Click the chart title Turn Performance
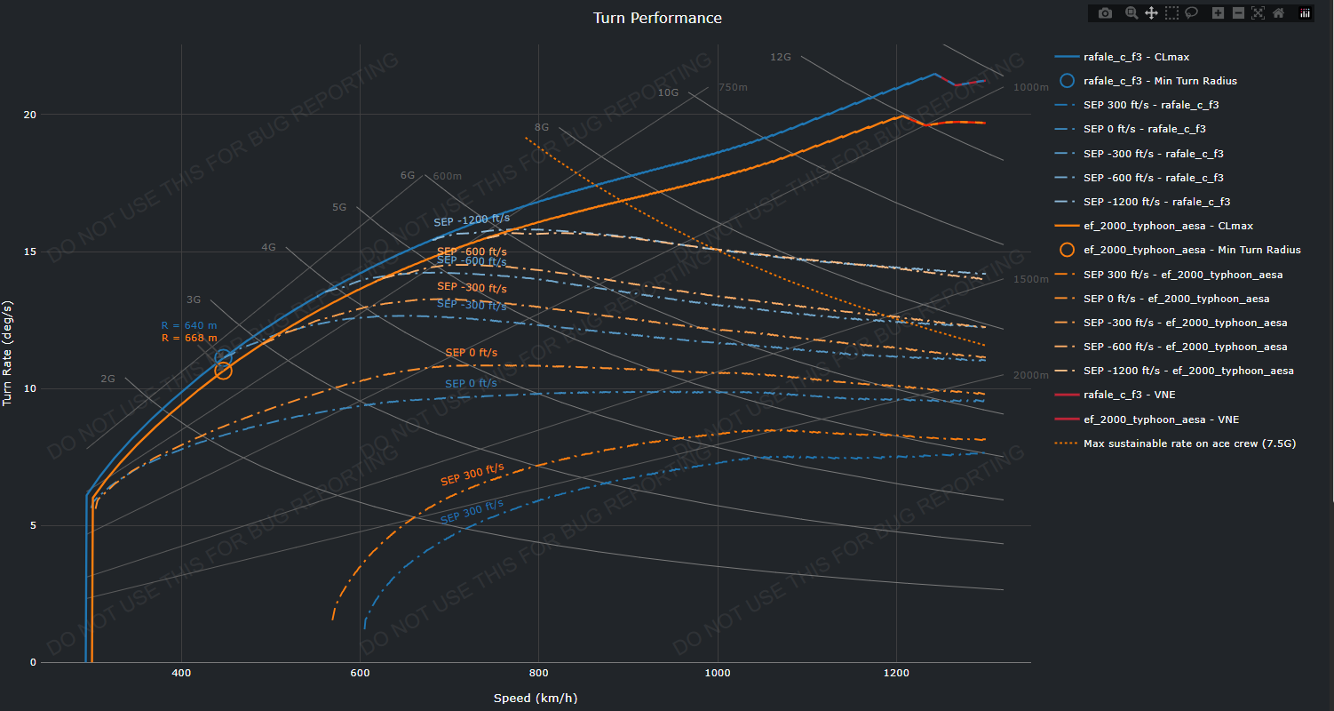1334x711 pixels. (657, 18)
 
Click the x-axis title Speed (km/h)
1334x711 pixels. (536, 698)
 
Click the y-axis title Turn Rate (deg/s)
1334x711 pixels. (8, 353)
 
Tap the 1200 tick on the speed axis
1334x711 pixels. (896, 674)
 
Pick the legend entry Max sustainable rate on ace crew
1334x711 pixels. (1189, 443)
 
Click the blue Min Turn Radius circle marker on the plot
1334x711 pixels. (224, 357)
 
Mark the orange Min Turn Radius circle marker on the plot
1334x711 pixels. (223, 371)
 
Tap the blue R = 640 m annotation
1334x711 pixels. (189, 325)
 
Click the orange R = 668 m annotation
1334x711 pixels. (189, 338)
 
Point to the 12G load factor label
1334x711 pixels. (780, 57)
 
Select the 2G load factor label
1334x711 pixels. (107, 379)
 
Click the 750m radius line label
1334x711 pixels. (733, 87)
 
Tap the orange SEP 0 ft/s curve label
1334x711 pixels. (471, 353)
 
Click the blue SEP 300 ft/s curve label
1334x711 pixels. (472, 511)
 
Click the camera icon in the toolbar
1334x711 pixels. (1105, 13)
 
